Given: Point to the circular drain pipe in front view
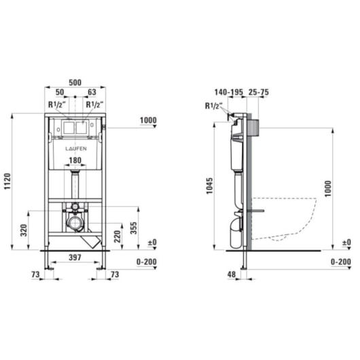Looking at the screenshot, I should click(x=73, y=223).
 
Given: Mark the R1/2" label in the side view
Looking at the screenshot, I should click(x=212, y=105).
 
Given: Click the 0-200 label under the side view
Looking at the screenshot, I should click(x=340, y=262).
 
